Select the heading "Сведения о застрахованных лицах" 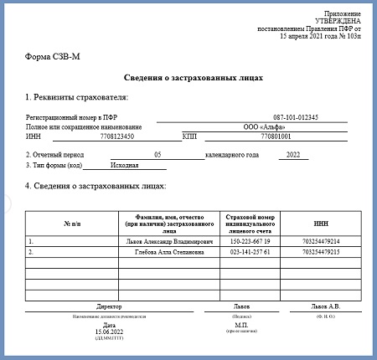[188, 77]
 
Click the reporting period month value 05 [158, 155]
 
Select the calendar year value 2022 [292, 155]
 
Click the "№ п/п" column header [73, 224]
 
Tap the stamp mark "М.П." [245, 325]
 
